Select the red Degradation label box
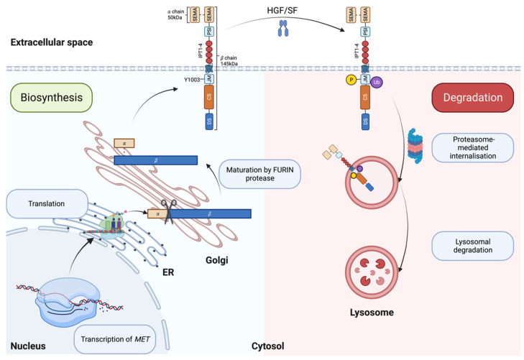point(472,98)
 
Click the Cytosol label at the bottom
point(267,346)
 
